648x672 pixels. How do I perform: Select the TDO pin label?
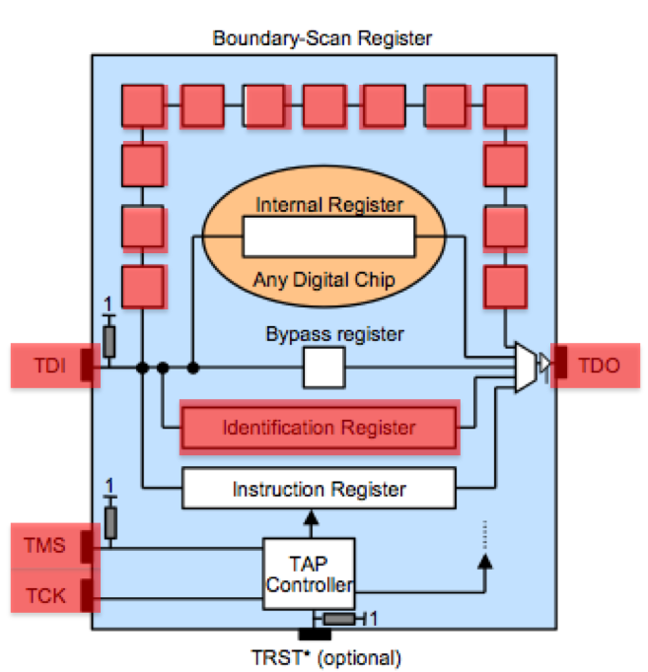(599, 365)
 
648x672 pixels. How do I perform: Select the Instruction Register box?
(319, 489)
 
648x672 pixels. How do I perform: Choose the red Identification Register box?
(319, 428)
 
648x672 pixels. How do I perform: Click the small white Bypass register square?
(324, 369)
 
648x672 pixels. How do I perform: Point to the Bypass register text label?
(334, 334)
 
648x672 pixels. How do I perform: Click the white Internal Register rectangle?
(328, 237)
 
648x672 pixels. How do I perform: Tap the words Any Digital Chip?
(324, 280)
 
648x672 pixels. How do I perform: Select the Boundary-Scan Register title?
(323, 39)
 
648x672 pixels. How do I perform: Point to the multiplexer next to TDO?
(527, 368)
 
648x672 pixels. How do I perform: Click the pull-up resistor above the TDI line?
(109, 341)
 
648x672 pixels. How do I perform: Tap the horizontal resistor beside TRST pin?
(339, 619)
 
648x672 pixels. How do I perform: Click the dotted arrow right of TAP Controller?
(484, 548)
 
